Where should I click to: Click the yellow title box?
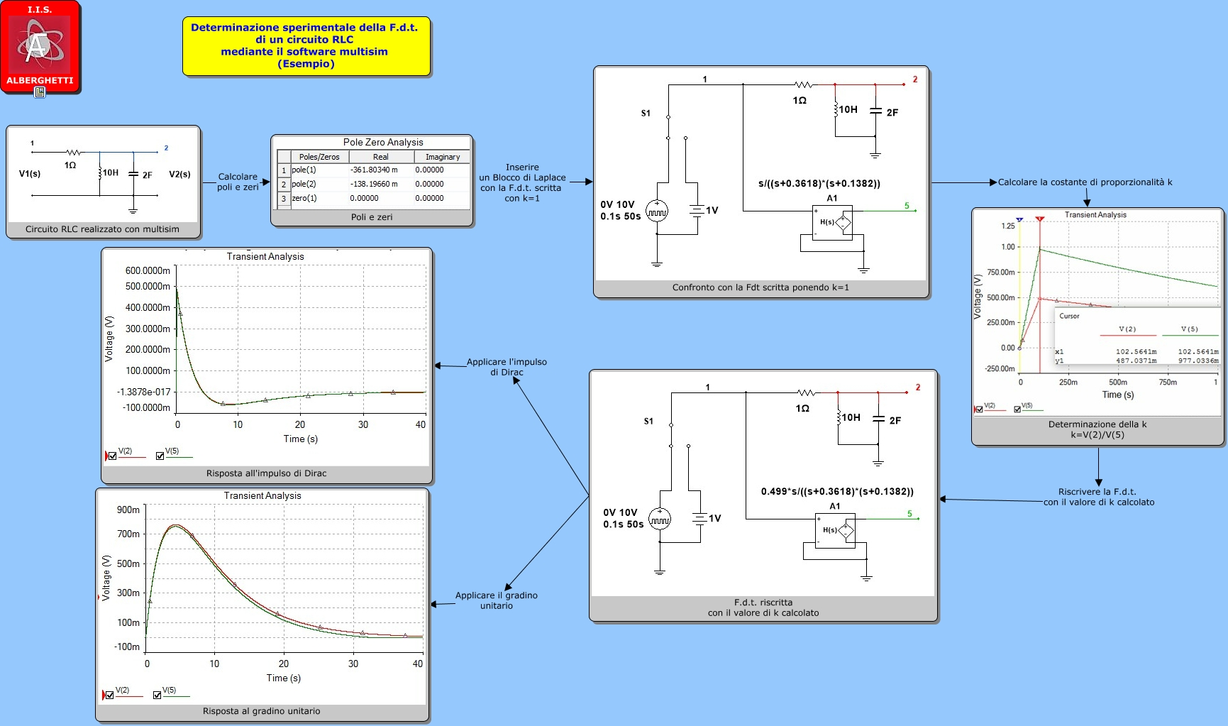click(x=306, y=46)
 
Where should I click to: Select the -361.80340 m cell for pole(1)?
click(x=374, y=170)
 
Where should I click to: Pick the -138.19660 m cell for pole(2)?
click(x=374, y=184)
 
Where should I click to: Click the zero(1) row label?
click(x=304, y=198)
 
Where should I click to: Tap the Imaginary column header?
click(x=443, y=157)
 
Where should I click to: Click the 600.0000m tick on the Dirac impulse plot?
click(x=148, y=270)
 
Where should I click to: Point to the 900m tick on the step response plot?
click(x=128, y=510)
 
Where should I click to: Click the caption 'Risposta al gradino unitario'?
click(x=262, y=711)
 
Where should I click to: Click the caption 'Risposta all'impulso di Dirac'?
click(x=267, y=473)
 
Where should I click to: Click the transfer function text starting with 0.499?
click(x=837, y=491)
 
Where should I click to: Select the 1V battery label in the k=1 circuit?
click(x=712, y=210)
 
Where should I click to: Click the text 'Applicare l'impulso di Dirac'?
click(x=507, y=367)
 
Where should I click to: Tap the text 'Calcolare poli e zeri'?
click(x=238, y=182)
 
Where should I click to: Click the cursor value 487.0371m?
click(x=1136, y=361)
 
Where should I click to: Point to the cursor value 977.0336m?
click(x=1198, y=361)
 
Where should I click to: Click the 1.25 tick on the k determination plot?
click(x=1008, y=226)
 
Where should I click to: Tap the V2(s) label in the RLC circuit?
click(x=179, y=174)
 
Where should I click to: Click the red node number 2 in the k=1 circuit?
click(x=915, y=79)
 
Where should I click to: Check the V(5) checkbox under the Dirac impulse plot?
click(x=160, y=456)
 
